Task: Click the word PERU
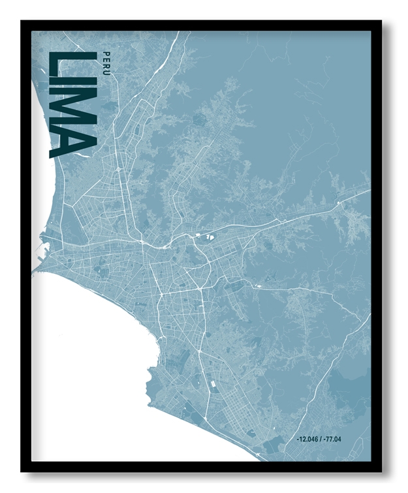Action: tap(105, 61)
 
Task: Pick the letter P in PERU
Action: tap(105, 52)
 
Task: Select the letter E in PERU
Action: tap(105, 58)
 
